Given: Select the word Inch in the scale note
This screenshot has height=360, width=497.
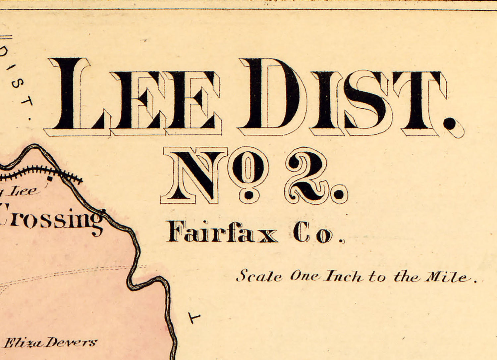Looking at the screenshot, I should click(x=343, y=276).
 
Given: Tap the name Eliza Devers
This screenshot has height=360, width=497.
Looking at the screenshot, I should click(x=50, y=342).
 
